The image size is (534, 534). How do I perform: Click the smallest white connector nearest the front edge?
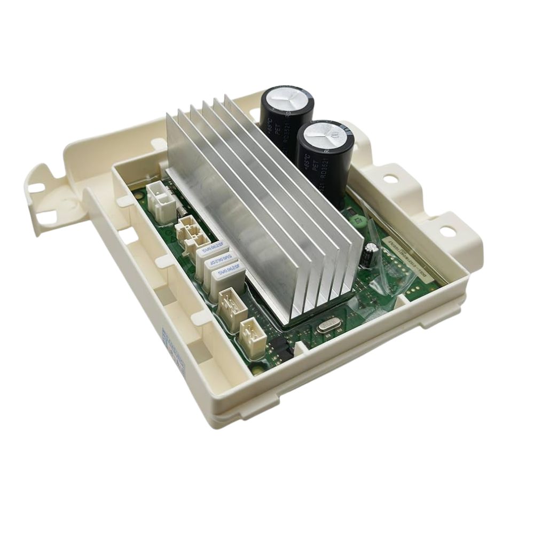click(x=252, y=337)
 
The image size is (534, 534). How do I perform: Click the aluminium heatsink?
click(x=256, y=198)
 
